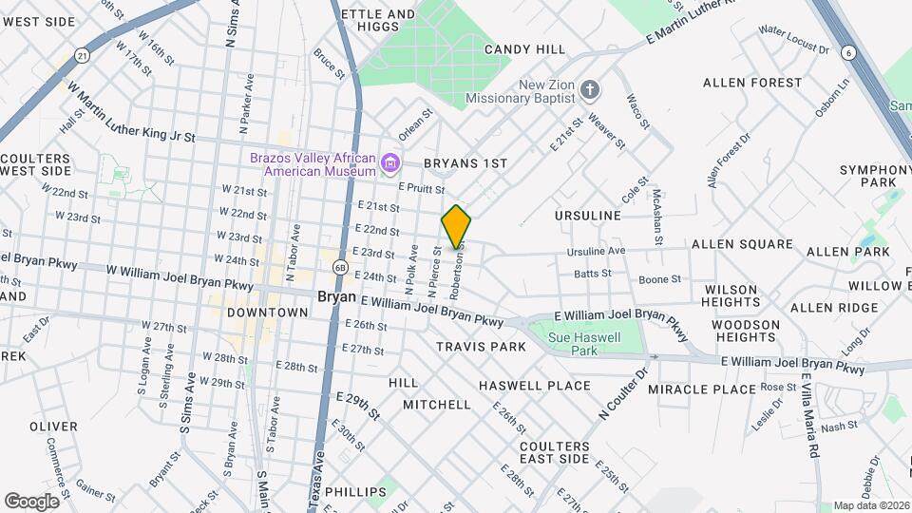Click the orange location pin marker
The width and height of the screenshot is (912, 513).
tap(456, 227)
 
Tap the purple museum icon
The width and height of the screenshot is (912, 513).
tap(389, 164)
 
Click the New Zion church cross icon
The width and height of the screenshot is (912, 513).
tap(590, 91)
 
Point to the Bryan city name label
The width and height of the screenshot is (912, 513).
tap(336, 296)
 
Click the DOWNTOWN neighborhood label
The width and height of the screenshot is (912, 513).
tap(268, 312)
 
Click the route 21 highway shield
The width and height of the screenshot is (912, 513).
tap(84, 56)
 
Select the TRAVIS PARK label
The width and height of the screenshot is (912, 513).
tap(481, 347)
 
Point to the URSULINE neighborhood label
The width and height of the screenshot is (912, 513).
tap(587, 216)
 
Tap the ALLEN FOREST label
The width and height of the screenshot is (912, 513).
tap(752, 83)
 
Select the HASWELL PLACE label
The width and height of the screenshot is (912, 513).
tap(535, 386)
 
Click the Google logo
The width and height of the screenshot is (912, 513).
tap(31, 501)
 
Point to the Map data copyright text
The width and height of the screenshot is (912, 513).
tap(871, 505)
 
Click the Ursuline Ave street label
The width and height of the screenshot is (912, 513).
tap(596, 252)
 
